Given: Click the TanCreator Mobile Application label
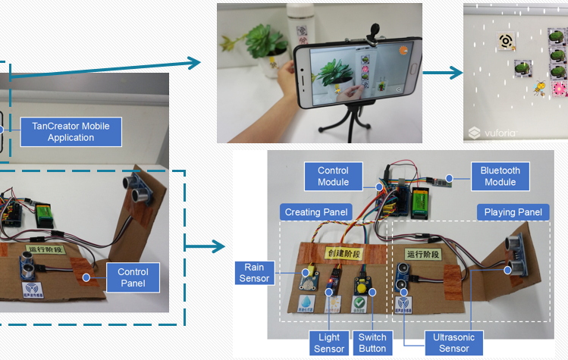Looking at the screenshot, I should (71, 132).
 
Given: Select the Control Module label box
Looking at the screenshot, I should (333, 177).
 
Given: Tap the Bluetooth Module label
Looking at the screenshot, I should (501, 177).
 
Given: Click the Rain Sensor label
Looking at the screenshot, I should (254, 273).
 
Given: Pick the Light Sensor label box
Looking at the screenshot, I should (328, 343).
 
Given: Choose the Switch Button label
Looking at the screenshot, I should (372, 343).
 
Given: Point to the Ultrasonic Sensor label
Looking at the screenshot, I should (453, 343).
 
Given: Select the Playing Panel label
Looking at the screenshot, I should (513, 212).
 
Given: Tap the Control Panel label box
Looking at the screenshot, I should (133, 277).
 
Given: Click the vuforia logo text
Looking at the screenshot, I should (497, 132).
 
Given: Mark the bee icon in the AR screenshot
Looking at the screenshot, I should (539, 89).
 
